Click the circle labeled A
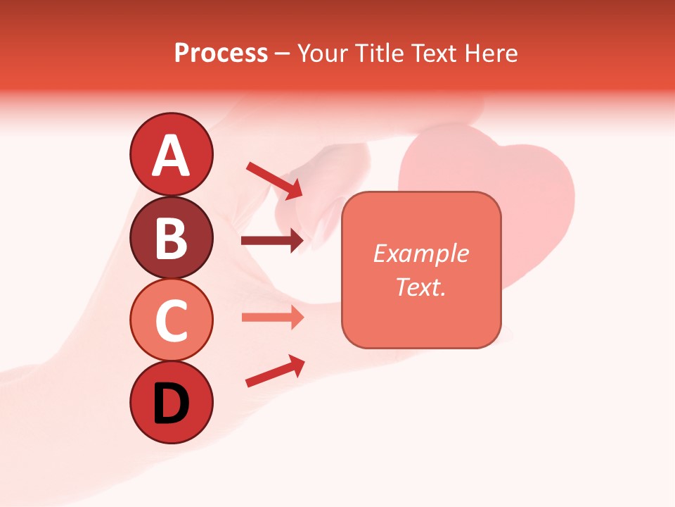pyautogui.click(x=172, y=154)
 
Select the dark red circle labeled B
pyautogui.click(x=172, y=237)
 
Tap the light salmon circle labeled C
pyautogui.click(x=172, y=320)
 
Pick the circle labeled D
pyautogui.click(x=172, y=403)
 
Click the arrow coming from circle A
pyautogui.click(x=274, y=180)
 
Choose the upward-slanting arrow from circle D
pyautogui.click(x=274, y=372)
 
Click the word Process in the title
pyautogui.click(x=221, y=54)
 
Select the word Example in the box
pyautogui.click(x=420, y=254)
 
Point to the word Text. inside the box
pyautogui.click(x=420, y=287)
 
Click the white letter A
pyautogui.click(x=172, y=156)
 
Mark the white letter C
pyautogui.click(x=172, y=321)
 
